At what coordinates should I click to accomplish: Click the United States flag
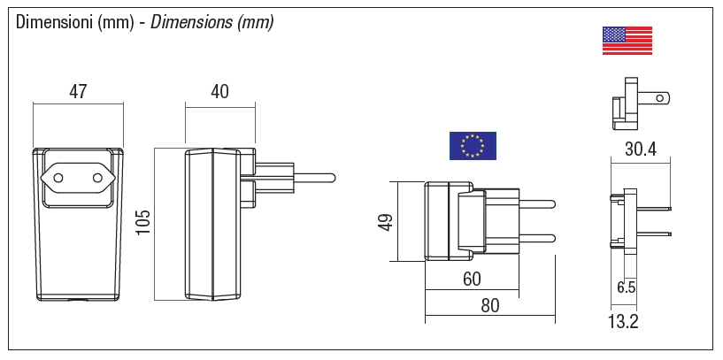(627, 41)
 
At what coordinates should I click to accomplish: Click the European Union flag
(473, 146)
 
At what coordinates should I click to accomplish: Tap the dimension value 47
(78, 92)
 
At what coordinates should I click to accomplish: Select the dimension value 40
(219, 92)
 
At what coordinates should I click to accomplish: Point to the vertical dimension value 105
(144, 222)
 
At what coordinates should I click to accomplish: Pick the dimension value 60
(472, 279)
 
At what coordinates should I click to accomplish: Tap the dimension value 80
(489, 305)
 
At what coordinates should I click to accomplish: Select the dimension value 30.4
(641, 149)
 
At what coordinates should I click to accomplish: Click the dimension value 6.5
(627, 287)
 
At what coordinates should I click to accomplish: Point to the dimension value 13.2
(623, 322)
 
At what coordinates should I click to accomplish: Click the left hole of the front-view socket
(58, 178)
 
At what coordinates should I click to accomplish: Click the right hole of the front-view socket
(97, 178)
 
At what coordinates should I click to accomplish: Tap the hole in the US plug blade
(660, 97)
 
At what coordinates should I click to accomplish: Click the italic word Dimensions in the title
(190, 22)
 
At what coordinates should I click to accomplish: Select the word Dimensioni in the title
(55, 22)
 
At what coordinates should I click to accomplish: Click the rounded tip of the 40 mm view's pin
(333, 178)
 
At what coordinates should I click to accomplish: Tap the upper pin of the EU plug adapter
(536, 204)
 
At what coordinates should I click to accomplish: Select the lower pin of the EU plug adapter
(536, 238)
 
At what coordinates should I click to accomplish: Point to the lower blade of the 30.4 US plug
(654, 233)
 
